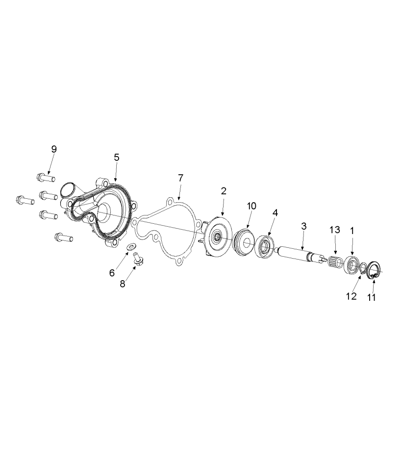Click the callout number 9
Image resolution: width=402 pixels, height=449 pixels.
[x=54, y=149]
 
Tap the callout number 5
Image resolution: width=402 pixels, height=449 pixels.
[x=117, y=157]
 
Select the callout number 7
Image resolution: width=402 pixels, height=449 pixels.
[x=180, y=178]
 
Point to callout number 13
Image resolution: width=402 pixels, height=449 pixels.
[x=334, y=230]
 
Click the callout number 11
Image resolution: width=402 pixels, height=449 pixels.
[x=371, y=297]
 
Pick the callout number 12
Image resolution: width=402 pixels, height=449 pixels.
[x=352, y=296]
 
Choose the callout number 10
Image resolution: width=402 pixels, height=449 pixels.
[x=252, y=206]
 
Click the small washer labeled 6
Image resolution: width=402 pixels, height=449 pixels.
[x=132, y=246]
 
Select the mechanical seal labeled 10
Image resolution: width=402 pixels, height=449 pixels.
[x=243, y=241]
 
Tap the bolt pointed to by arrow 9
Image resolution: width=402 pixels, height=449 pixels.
[x=46, y=178]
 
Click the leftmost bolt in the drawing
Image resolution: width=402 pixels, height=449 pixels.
[x=25, y=200]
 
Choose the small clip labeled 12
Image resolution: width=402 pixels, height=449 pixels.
[x=364, y=268]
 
